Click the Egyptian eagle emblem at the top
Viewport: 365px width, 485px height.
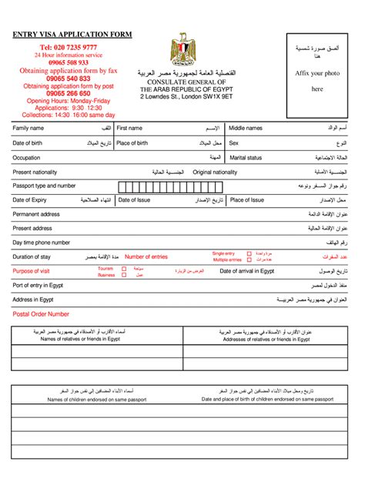(182, 49)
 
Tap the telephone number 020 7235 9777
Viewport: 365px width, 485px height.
(69, 48)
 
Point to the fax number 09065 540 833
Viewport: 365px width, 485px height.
(69, 79)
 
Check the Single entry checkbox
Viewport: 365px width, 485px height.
(249, 253)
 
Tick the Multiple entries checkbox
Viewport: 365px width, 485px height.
(249, 259)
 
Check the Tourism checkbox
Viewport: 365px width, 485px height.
(123, 269)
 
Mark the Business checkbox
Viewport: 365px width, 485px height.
(123, 275)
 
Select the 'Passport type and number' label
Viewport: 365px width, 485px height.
(44, 186)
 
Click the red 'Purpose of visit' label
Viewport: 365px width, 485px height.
(32, 271)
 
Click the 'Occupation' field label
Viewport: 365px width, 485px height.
(26, 157)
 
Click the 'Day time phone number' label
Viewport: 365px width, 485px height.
(42, 242)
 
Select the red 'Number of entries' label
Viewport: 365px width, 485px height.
(146, 256)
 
